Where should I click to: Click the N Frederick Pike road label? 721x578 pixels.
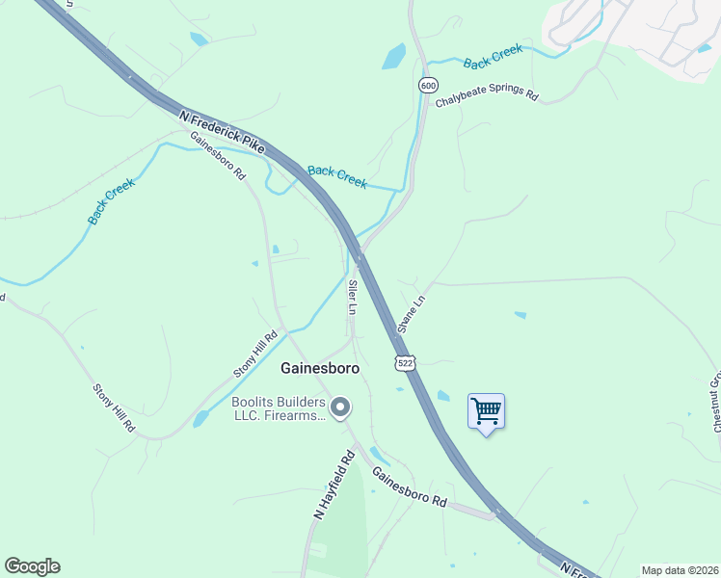click(x=222, y=131)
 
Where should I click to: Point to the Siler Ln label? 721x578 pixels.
click(x=353, y=298)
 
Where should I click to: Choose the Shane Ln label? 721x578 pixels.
click(x=412, y=314)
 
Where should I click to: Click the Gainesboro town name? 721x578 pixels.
click(x=320, y=368)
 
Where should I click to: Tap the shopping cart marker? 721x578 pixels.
click(x=486, y=412)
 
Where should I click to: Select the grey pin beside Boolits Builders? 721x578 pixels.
click(x=339, y=408)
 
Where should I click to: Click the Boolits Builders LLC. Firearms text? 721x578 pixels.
click(x=278, y=408)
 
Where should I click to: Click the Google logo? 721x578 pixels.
click(x=32, y=566)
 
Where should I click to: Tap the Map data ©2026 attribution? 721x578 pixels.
click(x=680, y=570)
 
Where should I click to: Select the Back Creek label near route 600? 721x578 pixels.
click(x=493, y=56)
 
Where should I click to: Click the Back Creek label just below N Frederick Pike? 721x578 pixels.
click(x=337, y=177)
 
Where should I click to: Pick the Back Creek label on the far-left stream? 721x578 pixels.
click(x=111, y=201)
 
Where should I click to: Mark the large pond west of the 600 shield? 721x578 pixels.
click(x=394, y=57)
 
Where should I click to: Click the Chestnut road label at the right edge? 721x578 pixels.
click(x=715, y=401)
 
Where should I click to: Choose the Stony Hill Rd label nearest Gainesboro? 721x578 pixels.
click(x=255, y=354)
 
